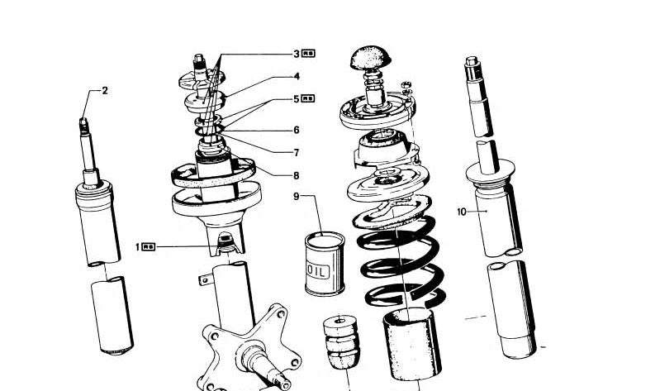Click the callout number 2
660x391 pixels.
point(105,91)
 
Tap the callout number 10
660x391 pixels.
point(462,212)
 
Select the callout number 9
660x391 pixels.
point(296,197)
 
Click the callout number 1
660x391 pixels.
point(137,246)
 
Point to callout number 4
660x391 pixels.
point(296,77)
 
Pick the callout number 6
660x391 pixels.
point(296,130)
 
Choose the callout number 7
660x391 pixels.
point(296,152)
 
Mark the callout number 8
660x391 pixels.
point(296,175)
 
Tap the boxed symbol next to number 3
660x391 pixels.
point(309,54)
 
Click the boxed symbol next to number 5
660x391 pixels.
point(309,99)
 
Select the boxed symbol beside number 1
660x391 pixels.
point(149,246)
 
